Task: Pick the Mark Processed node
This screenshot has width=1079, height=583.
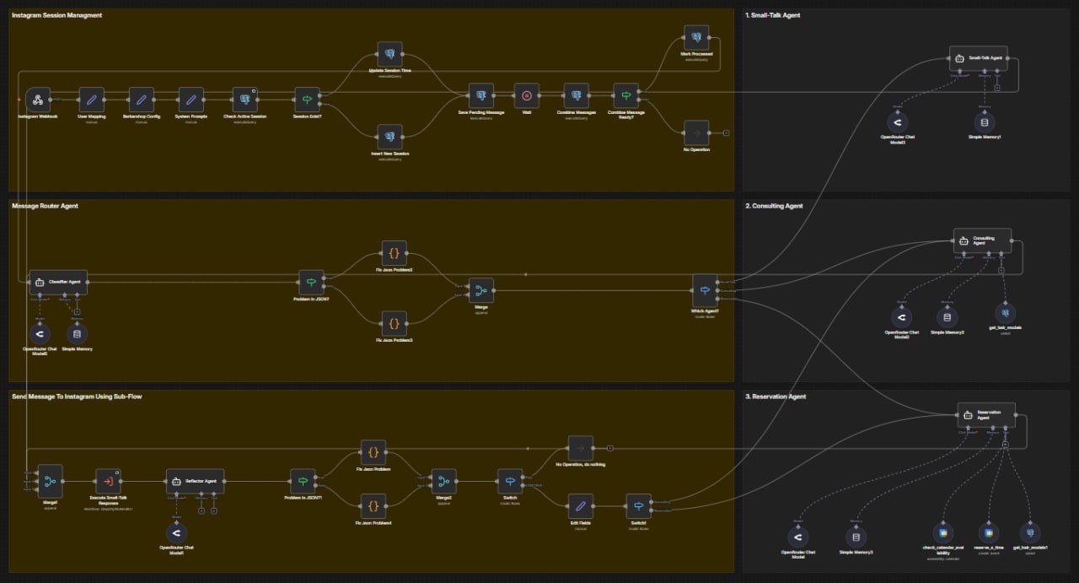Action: (696, 37)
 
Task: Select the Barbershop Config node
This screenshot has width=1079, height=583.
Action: (141, 100)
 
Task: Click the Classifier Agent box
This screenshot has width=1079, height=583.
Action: (58, 282)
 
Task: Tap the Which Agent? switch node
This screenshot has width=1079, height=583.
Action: (705, 291)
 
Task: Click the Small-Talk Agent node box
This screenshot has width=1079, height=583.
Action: (983, 59)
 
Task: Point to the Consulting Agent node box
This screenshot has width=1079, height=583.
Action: (982, 240)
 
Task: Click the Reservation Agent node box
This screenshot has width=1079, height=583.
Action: (986, 414)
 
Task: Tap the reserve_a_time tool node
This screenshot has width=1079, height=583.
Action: (986, 532)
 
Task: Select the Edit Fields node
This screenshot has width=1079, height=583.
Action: (579, 506)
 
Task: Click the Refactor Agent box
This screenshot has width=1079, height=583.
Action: (195, 481)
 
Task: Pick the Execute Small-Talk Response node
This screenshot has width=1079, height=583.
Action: (109, 482)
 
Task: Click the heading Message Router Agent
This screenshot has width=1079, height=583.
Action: (45, 206)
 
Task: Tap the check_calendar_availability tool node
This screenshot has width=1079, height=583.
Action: (942, 532)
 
